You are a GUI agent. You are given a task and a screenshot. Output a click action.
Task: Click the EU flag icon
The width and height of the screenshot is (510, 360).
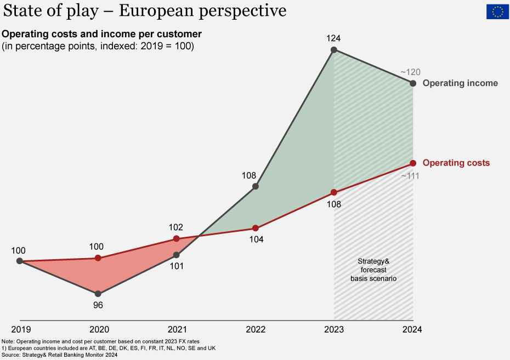497,11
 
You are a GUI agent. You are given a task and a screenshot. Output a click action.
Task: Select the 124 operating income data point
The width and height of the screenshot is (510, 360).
334,50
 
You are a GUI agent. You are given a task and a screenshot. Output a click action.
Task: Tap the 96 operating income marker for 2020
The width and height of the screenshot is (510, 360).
98,294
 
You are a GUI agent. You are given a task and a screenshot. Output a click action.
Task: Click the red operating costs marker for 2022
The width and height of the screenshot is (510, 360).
255,228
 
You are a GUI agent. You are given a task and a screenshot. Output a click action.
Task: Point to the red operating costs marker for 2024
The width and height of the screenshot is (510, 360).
413,163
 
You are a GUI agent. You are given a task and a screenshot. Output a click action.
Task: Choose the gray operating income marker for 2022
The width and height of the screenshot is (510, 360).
255,187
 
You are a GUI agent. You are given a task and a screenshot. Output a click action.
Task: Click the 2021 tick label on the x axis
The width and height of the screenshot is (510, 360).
177,329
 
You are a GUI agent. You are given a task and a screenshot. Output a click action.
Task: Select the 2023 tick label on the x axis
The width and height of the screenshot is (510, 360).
334,329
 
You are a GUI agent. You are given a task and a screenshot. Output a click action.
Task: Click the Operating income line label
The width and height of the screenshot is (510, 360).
460,83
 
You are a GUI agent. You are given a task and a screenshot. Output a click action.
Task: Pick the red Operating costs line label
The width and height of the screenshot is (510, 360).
456,163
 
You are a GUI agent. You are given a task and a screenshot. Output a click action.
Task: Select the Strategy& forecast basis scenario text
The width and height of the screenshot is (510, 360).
373,270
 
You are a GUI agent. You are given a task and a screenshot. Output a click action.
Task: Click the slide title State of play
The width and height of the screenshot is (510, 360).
145,11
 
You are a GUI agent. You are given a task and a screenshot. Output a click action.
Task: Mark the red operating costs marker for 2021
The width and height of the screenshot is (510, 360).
177,238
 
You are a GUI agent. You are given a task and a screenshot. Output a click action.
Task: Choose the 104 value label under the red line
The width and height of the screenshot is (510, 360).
255,239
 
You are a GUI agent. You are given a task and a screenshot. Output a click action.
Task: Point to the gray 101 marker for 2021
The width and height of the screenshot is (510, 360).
177,255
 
